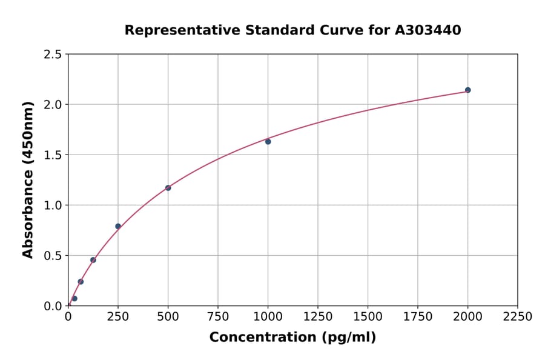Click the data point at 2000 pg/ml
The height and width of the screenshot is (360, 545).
467,90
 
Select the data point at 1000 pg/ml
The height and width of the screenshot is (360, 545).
268,142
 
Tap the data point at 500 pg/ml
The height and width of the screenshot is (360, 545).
168,188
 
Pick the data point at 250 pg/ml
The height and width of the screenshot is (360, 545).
118,226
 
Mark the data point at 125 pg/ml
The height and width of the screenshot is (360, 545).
93,260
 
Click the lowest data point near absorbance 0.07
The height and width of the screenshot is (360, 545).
74,298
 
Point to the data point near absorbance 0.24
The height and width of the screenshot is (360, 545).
81,282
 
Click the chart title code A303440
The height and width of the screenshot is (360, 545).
428,30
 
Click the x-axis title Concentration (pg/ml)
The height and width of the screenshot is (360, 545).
292,338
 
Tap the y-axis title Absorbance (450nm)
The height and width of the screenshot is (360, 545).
28,179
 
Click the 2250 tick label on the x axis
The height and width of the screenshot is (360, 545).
518,317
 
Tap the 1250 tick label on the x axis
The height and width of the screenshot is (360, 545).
318,317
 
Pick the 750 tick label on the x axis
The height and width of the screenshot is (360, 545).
218,317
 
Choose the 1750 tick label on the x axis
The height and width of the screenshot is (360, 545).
418,317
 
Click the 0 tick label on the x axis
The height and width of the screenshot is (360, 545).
68,317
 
